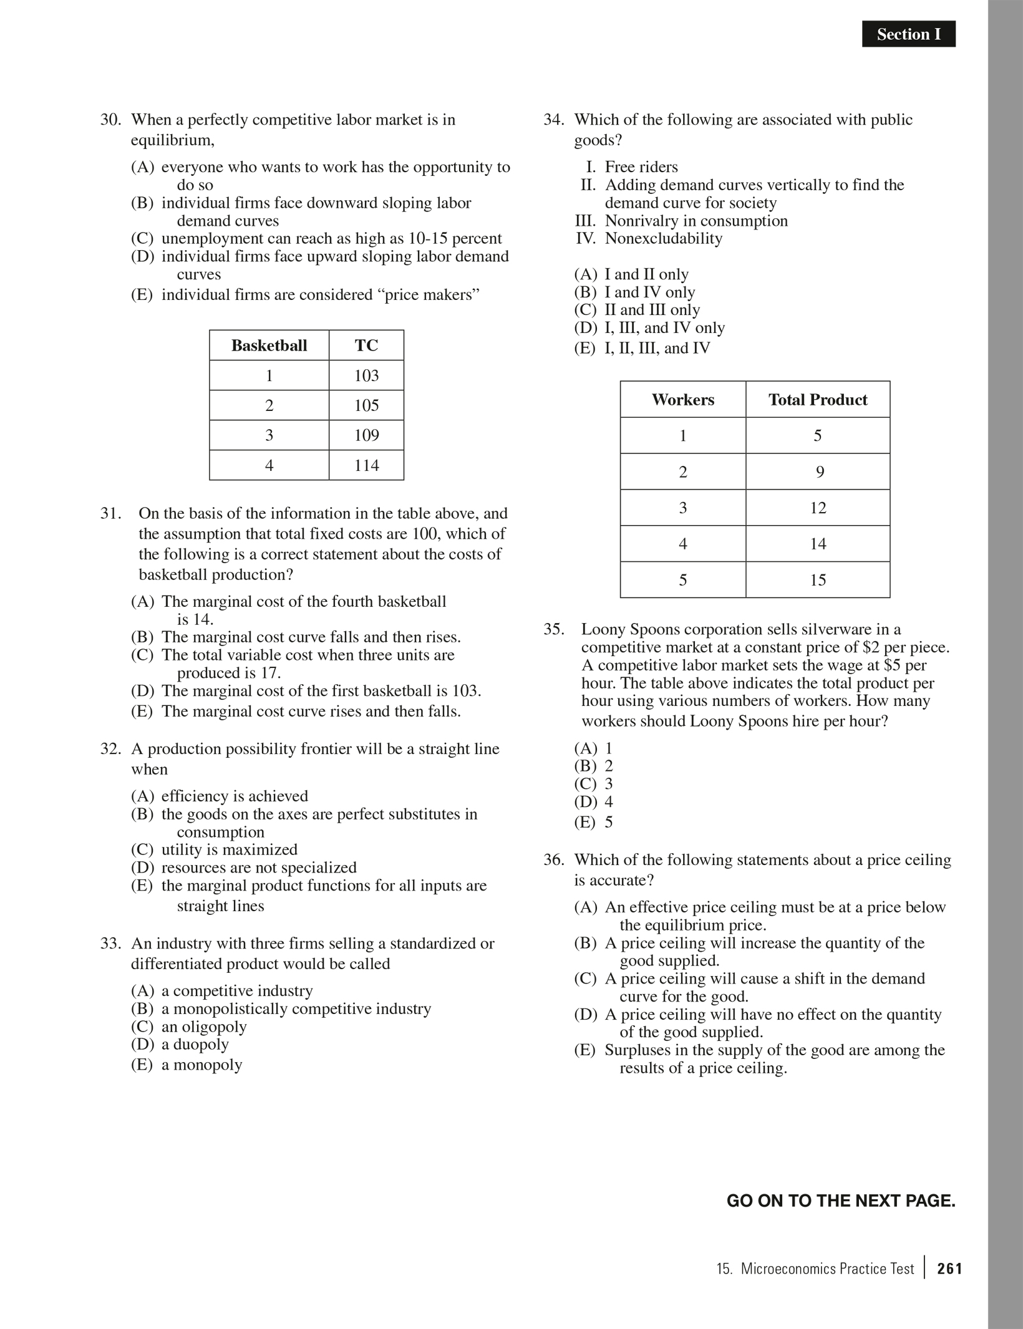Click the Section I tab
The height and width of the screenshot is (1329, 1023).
tap(908, 34)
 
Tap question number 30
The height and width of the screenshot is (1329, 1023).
tap(110, 120)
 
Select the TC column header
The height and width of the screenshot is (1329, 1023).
tap(366, 346)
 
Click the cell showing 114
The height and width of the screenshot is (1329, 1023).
tap(366, 465)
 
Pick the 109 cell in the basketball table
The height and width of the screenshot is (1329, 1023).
tap(366, 435)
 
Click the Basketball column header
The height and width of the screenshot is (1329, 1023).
tap(269, 346)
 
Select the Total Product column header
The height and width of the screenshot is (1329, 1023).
tap(817, 400)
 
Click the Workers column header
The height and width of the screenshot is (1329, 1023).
tap(682, 400)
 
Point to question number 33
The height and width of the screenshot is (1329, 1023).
tap(110, 944)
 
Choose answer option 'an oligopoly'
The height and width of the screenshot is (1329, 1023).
tap(203, 1027)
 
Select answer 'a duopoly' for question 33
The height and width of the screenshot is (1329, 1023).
tap(195, 1044)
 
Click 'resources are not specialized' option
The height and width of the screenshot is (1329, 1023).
tap(258, 867)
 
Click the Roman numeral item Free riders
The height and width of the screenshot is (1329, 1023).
tap(641, 167)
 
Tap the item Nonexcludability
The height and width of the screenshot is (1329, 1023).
tap(663, 238)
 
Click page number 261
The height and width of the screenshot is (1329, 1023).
tap(949, 1269)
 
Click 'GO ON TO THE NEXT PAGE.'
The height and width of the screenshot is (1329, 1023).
tap(840, 1201)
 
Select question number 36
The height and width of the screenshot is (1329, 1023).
tap(553, 860)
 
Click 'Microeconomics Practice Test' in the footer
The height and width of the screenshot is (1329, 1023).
tap(827, 1269)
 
